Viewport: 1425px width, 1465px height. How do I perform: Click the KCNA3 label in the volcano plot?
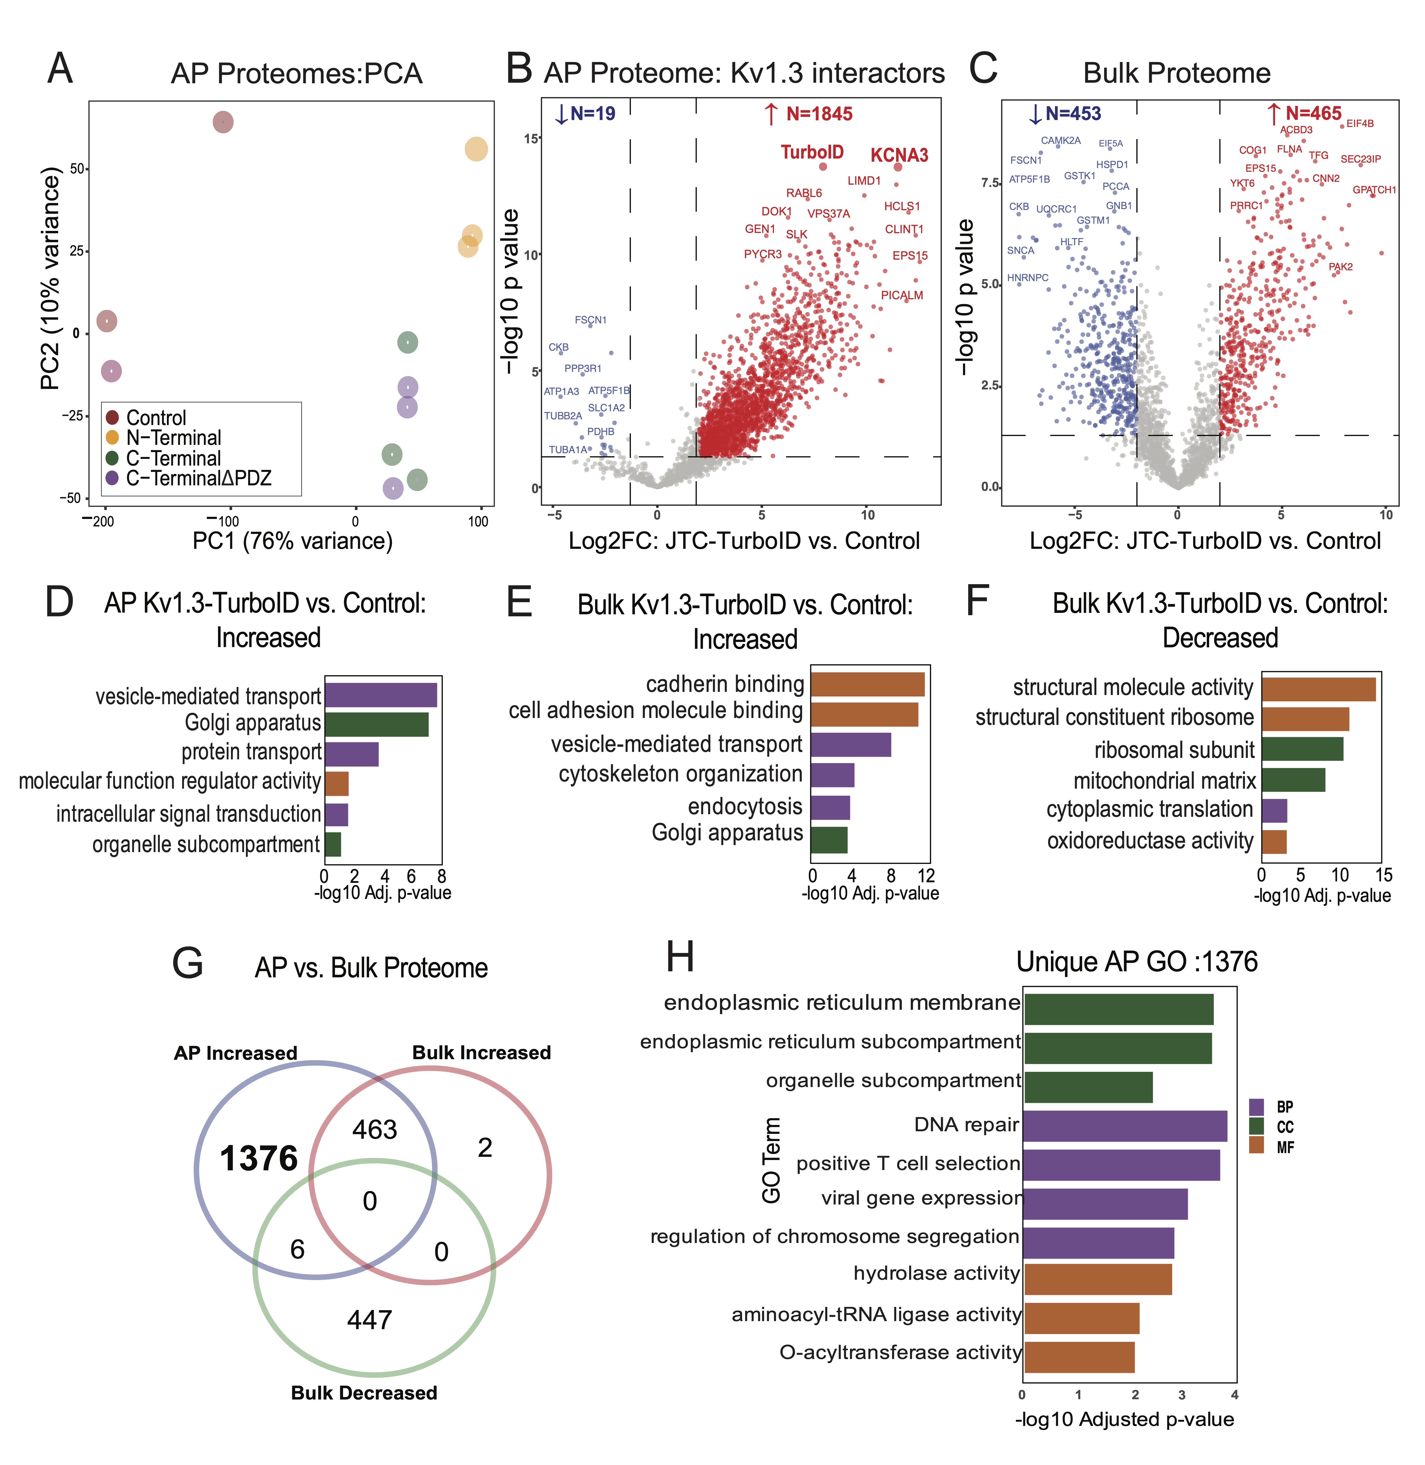[899, 156]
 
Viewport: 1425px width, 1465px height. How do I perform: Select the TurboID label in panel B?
[812, 153]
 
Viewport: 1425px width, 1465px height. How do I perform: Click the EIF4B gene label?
[1360, 123]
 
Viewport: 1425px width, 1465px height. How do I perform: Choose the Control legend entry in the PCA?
[156, 418]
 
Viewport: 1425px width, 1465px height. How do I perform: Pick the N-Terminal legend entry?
[173, 438]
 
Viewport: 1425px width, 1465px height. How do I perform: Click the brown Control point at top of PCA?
[223, 122]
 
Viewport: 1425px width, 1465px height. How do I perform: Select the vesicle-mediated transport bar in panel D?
[380, 695]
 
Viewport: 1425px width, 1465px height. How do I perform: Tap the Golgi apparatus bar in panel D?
[376, 724]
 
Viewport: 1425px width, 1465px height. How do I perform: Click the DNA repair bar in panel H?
[1125, 1126]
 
